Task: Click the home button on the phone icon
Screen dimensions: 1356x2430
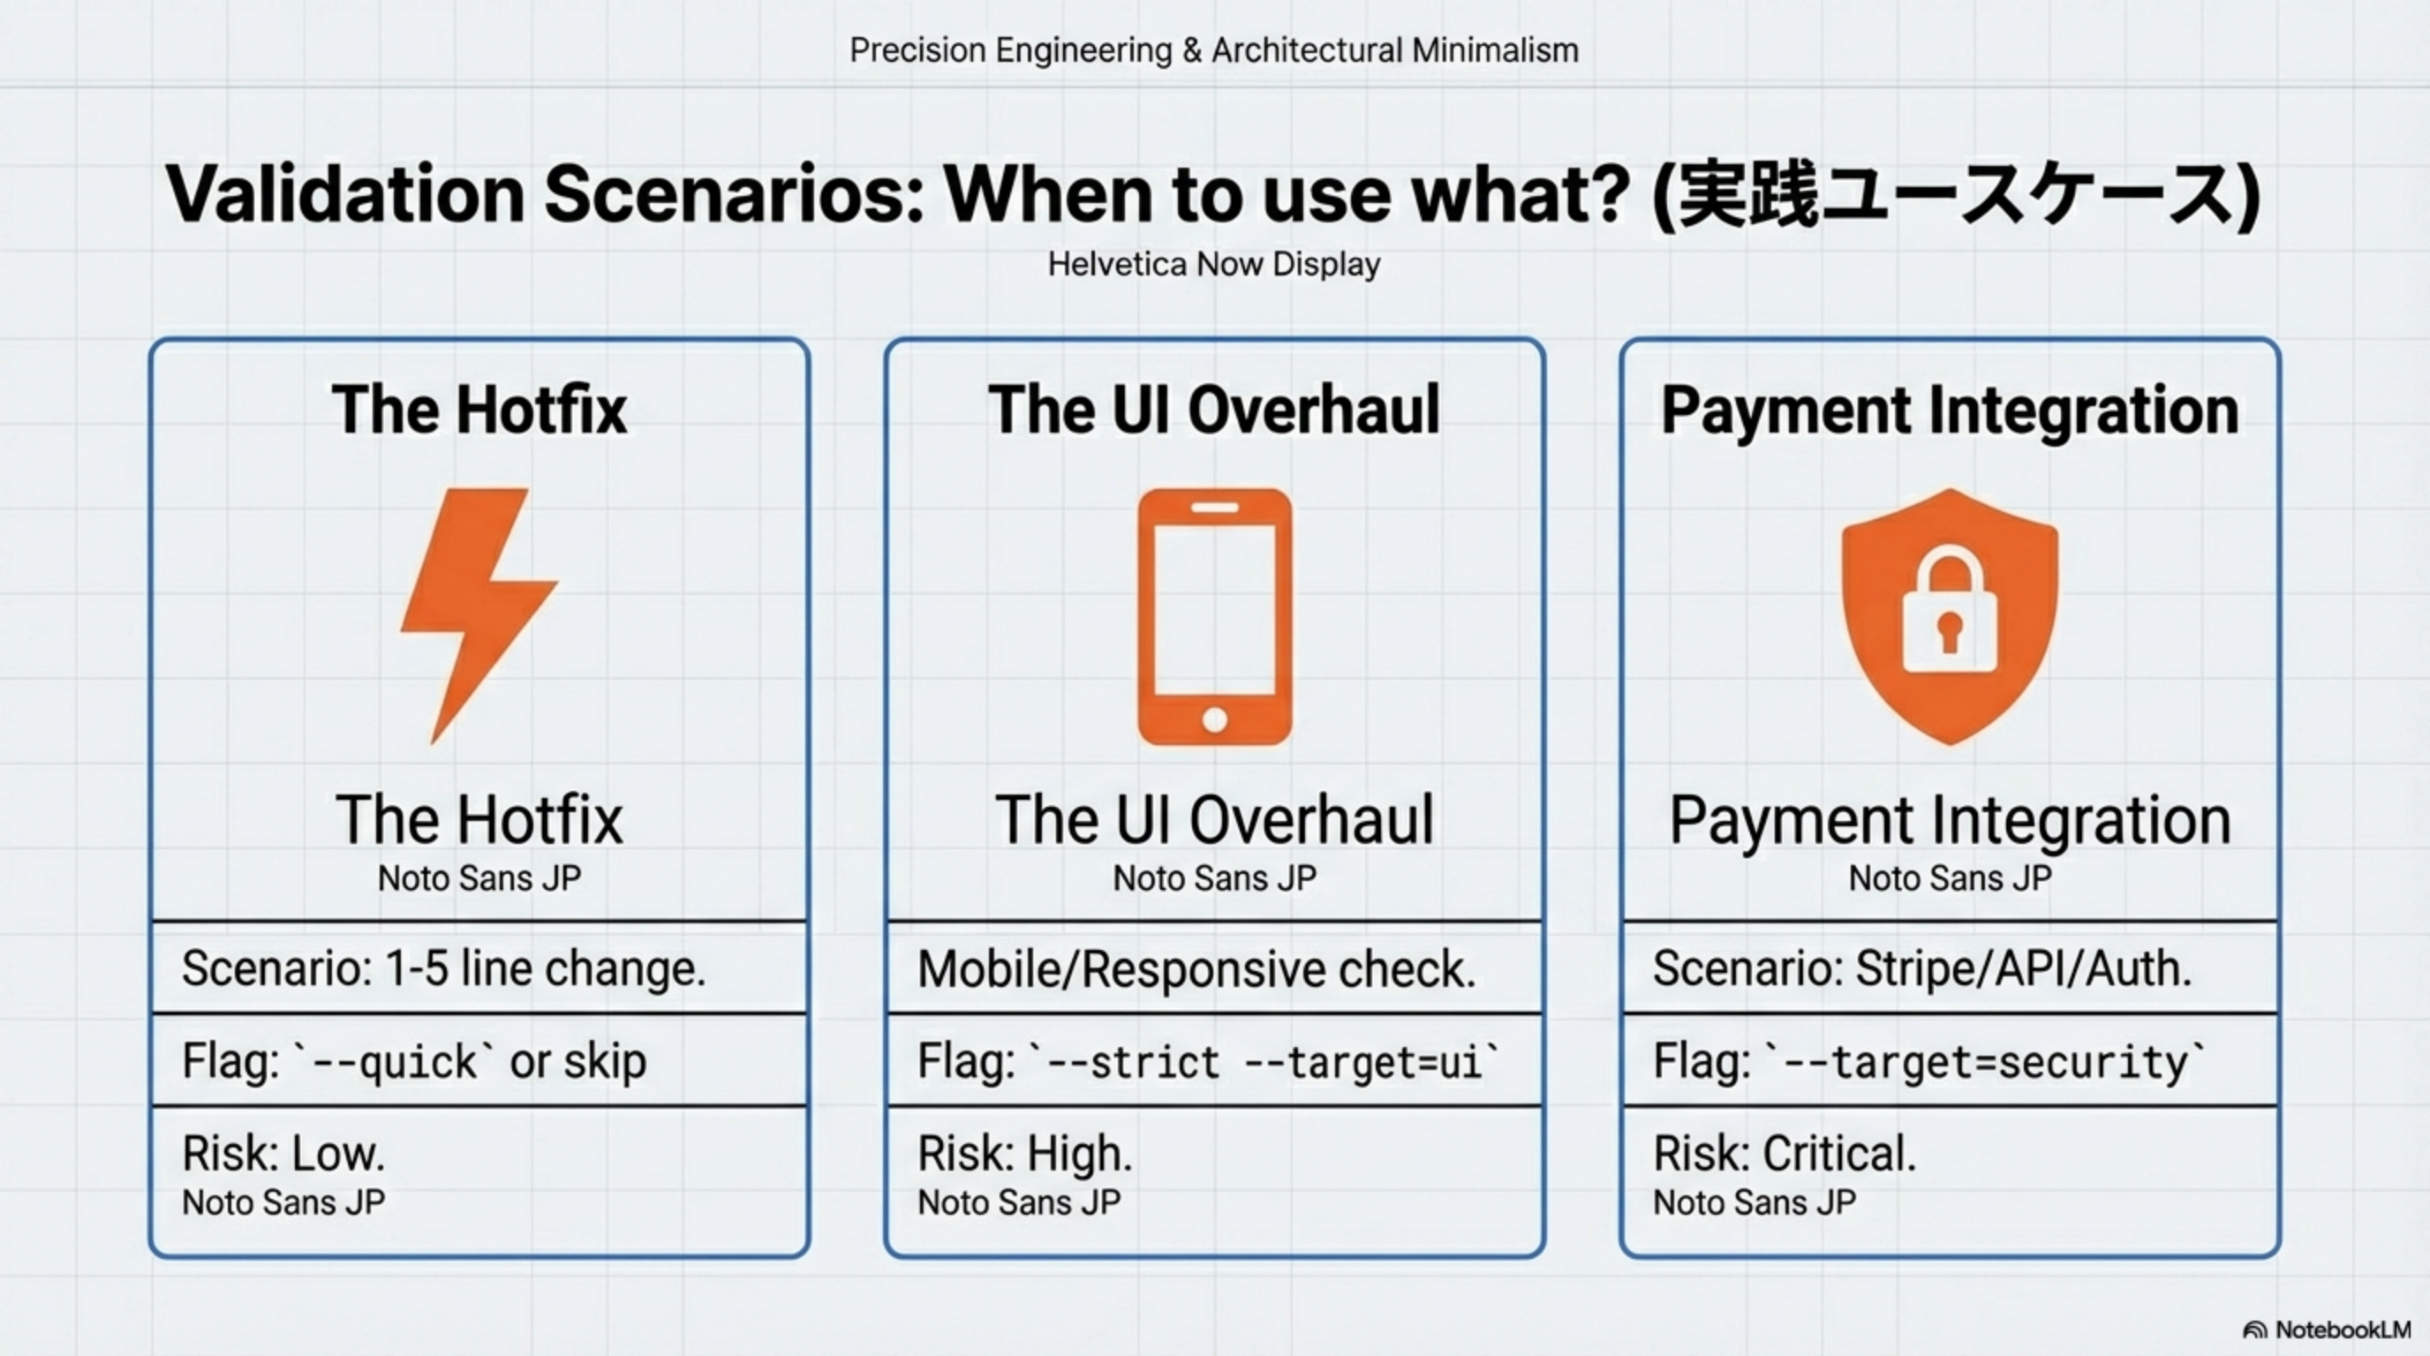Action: point(1214,720)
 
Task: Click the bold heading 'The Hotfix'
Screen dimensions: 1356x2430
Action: point(479,411)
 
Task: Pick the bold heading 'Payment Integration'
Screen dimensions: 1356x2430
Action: point(1950,411)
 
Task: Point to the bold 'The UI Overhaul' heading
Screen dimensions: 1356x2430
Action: point(1214,411)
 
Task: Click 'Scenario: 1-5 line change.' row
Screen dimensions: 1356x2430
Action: point(443,968)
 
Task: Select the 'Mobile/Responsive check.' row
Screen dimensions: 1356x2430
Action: point(1196,969)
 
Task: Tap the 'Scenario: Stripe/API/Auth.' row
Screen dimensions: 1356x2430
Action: point(1921,968)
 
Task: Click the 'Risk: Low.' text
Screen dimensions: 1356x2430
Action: point(283,1153)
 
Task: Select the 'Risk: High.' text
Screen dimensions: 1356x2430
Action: point(1024,1153)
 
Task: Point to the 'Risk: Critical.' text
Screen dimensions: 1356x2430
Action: point(1785,1153)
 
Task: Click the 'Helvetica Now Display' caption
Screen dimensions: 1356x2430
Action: point(1214,264)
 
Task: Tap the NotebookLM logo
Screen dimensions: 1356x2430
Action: point(2326,1330)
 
